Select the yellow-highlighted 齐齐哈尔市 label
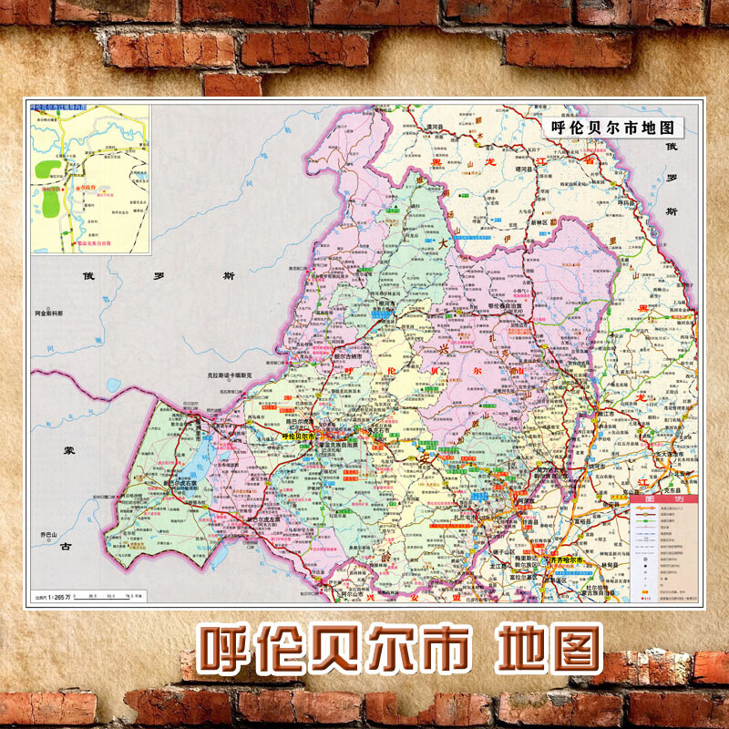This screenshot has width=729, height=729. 566,560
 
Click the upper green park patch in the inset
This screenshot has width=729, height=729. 44,169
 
